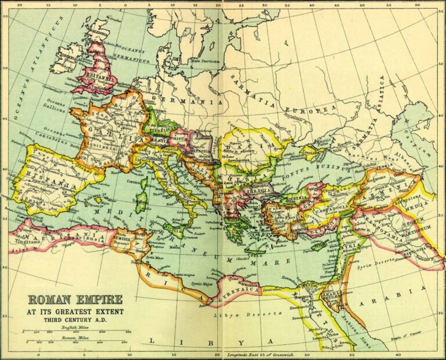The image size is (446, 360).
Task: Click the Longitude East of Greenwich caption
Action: point(261,354)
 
